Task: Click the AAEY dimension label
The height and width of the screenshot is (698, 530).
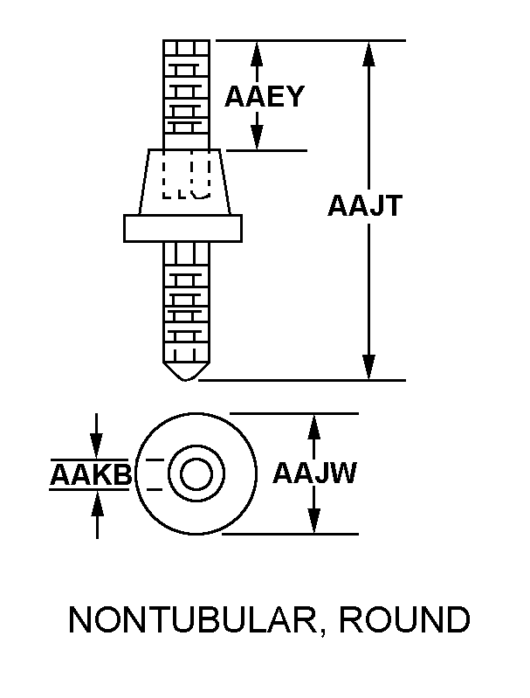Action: [x=264, y=96]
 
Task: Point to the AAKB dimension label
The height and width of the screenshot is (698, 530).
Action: [x=90, y=475]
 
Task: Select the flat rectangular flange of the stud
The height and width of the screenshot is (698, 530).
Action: [x=183, y=227]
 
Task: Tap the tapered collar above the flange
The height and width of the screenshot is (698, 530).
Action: [x=184, y=182]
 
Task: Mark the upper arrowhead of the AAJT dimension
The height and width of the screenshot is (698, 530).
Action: [x=369, y=52]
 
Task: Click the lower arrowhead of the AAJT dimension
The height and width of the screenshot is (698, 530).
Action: [x=369, y=368]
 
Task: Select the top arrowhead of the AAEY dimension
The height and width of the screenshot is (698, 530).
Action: [x=257, y=52]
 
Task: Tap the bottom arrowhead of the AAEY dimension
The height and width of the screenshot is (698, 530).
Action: [x=257, y=138]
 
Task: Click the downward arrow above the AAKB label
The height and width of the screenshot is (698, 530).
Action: [x=97, y=446]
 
